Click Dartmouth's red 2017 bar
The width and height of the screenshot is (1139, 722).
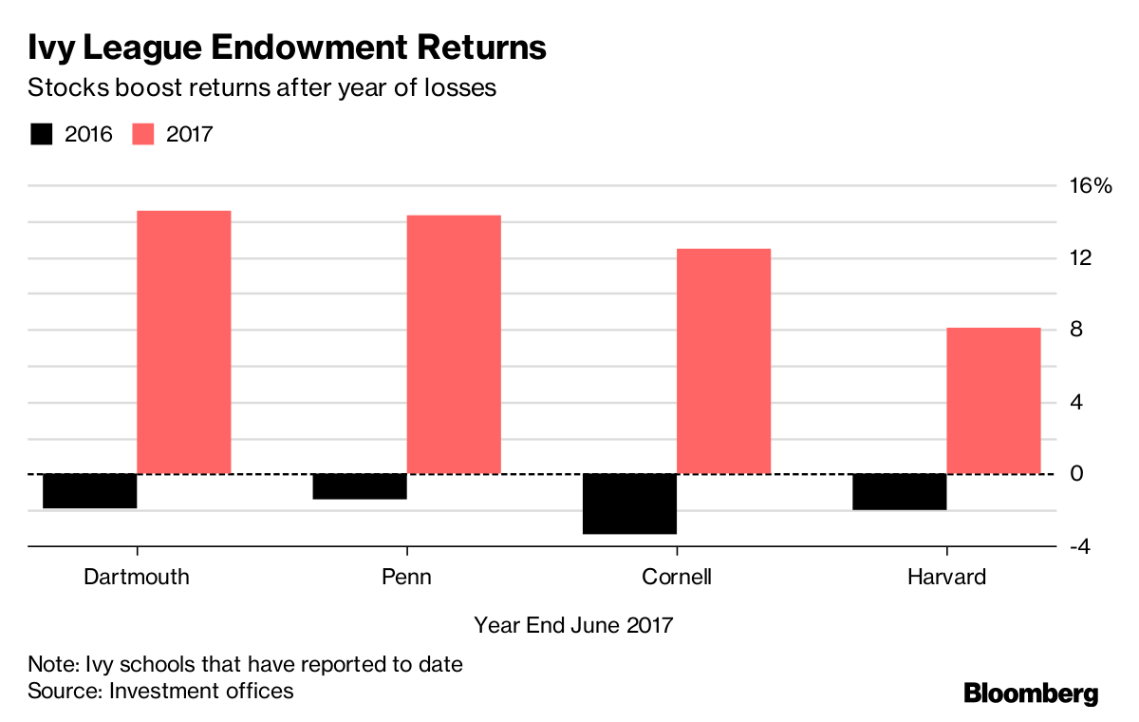click(184, 342)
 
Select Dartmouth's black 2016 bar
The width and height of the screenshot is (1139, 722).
click(90, 490)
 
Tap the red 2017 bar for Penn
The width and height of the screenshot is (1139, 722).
click(454, 344)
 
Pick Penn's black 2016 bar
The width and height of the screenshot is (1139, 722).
click(360, 486)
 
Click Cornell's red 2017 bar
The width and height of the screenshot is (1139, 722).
click(723, 361)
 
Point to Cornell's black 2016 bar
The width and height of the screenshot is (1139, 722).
click(629, 503)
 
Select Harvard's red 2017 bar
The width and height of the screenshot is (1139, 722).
click(994, 400)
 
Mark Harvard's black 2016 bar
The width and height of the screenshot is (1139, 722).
click(900, 491)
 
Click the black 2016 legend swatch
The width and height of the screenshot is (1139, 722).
click(42, 134)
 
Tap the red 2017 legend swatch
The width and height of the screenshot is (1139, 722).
click(143, 134)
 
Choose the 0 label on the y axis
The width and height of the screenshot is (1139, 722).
click(1076, 474)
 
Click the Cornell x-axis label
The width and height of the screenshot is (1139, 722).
click(677, 577)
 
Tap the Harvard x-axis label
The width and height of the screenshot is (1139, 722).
click(946, 577)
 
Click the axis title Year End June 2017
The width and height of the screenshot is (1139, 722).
click(573, 625)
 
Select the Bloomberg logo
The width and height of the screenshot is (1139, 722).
click(1031, 693)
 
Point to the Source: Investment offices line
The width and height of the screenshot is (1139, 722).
click(160, 691)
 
